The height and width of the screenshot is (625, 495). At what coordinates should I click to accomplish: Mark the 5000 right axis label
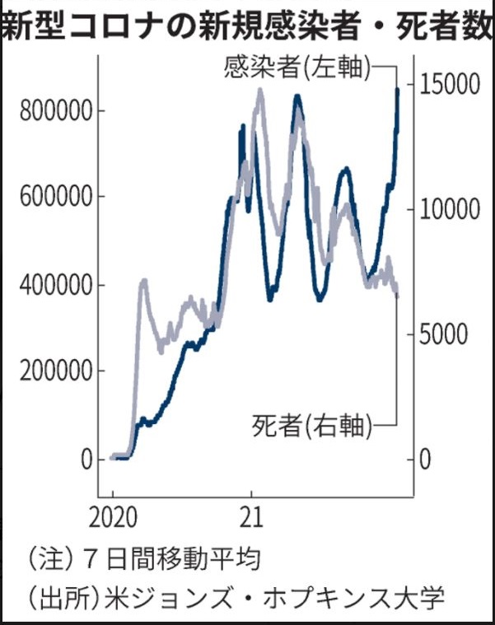click(x=441, y=333)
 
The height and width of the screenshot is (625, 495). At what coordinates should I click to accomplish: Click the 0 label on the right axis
click(x=424, y=459)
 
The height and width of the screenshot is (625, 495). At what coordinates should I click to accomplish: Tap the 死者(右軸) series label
click(x=311, y=427)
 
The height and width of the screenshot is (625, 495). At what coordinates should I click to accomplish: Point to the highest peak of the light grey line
click(x=260, y=91)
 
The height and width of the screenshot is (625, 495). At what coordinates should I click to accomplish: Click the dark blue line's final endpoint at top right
click(x=398, y=89)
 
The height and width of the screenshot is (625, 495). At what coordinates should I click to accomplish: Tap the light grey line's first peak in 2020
click(x=143, y=282)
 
